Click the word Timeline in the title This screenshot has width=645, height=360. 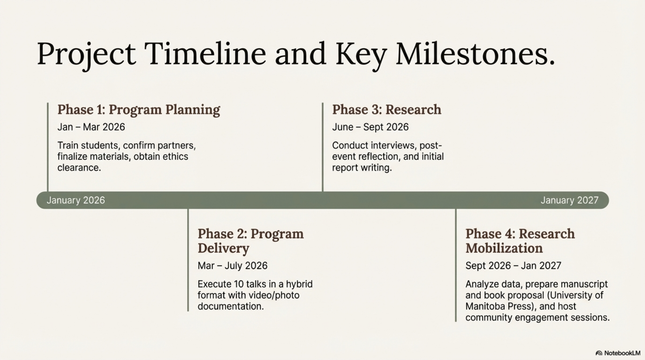pyautogui.click(x=205, y=53)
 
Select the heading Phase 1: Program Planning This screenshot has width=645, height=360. pyautogui.click(x=139, y=110)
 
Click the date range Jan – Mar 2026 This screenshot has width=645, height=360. pyautogui.click(x=91, y=127)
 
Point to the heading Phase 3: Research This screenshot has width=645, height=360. pyautogui.click(x=387, y=110)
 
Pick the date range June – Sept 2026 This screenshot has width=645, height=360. pyautogui.click(x=370, y=127)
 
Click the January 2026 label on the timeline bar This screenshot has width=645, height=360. pyautogui.click(x=76, y=200)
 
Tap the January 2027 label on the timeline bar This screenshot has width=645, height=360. pyautogui.click(x=569, y=200)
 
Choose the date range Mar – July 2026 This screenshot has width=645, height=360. pyautogui.click(x=232, y=265)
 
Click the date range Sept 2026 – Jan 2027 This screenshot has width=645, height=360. pyautogui.click(x=513, y=265)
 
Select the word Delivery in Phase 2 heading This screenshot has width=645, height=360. pyautogui.click(x=223, y=248)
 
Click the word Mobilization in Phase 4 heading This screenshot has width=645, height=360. pyautogui.click(x=504, y=248)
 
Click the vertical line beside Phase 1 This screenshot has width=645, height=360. pyautogui.click(x=47, y=147)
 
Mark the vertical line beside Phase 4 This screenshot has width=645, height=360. pyautogui.click(x=456, y=265)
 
